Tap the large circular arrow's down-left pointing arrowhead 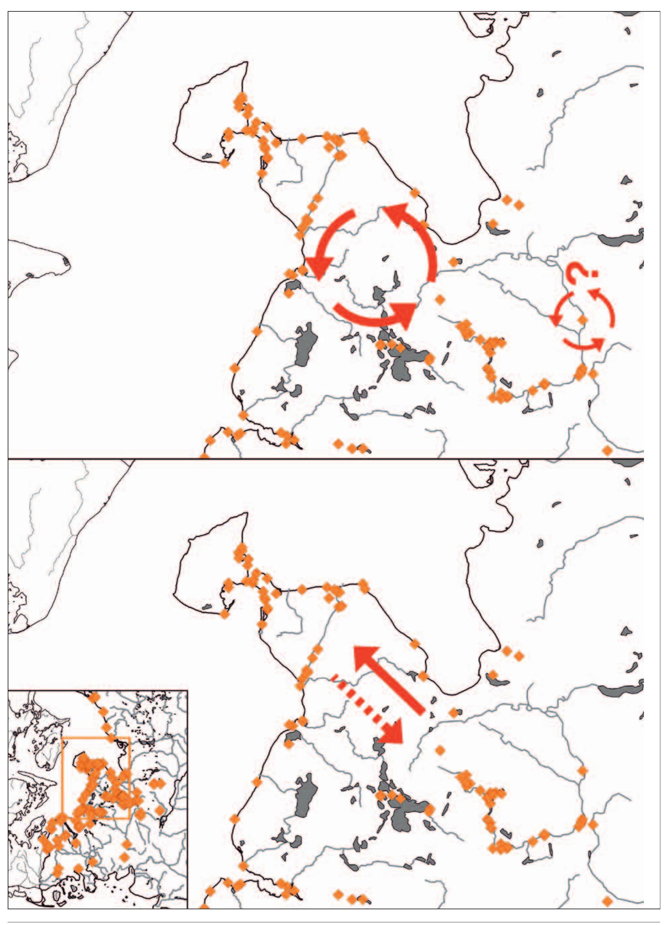point(318,268)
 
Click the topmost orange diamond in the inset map point(94,697)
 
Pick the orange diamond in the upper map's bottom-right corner point(607,450)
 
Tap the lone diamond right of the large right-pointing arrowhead point(439,300)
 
